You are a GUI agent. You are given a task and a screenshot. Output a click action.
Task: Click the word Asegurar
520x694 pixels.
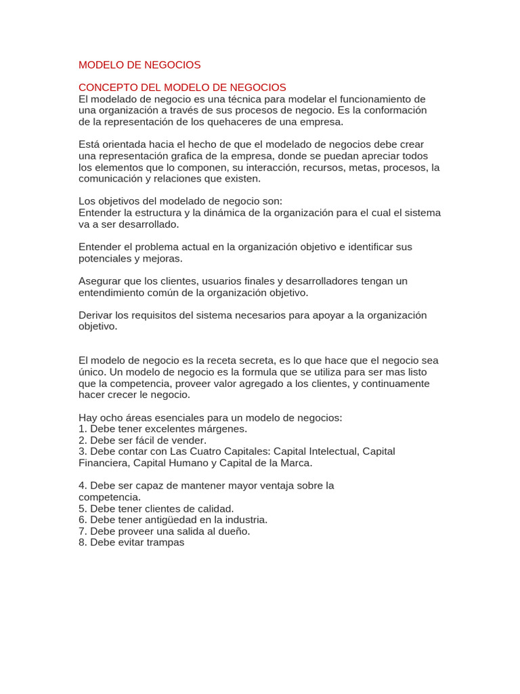pos(100,281)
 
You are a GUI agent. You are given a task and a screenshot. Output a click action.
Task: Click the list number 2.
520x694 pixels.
pos(82,441)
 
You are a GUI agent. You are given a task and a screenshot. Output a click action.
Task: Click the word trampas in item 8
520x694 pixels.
pos(161,543)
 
